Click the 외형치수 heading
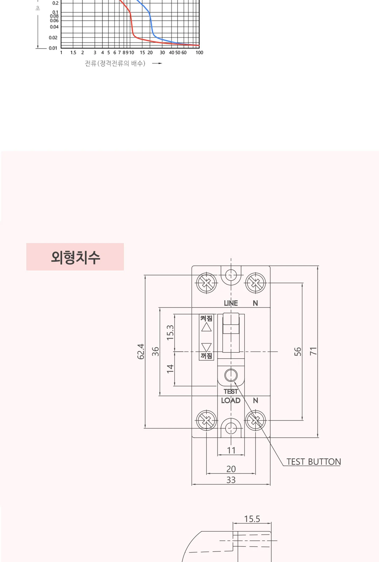[x=75, y=257]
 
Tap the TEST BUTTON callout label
[x=314, y=462]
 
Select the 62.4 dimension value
[x=141, y=352]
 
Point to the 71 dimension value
[x=313, y=351]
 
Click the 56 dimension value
[x=298, y=352]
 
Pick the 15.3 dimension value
[x=170, y=333]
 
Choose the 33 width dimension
[x=231, y=480]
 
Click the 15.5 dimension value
[x=252, y=519]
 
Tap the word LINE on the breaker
[x=231, y=303]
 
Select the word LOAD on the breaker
[x=231, y=400]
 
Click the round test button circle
[x=231, y=375]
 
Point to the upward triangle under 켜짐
[x=206, y=327]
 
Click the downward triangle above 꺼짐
[x=206, y=347]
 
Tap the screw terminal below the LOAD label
[x=206, y=420]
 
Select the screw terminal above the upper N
[x=255, y=283]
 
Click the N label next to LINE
[x=255, y=303]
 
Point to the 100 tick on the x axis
[x=199, y=52]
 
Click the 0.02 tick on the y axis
[x=53, y=38]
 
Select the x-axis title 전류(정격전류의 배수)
[x=115, y=63]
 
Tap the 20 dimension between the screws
[x=231, y=469]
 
